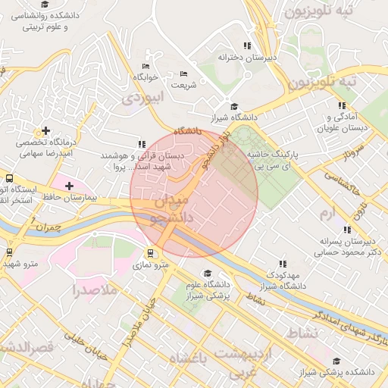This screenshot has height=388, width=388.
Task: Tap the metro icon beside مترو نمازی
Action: tap(150, 253)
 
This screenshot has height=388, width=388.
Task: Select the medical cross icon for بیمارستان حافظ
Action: tap(69, 186)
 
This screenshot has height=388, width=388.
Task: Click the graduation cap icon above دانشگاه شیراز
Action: tap(234, 107)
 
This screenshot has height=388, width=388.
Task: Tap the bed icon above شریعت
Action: tap(183, 74)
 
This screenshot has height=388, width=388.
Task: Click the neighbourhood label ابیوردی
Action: tap(142, 98)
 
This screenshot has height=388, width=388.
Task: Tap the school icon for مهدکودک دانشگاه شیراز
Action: tap(283, 264)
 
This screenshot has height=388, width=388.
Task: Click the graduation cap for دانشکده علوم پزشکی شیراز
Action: tap(207, 274)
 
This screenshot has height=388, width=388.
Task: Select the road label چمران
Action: tap(45, 225)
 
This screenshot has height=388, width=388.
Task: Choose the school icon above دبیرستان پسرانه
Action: tap(347, 230)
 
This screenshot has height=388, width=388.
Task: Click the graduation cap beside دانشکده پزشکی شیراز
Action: tap(336, 361)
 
